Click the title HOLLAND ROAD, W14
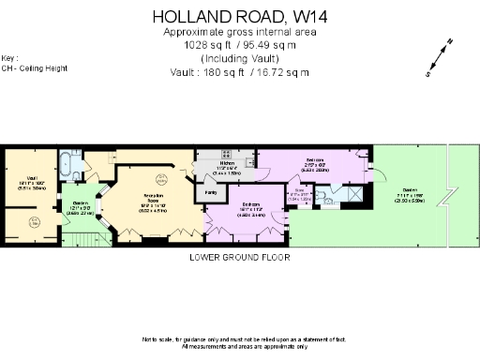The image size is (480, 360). coord(240,16)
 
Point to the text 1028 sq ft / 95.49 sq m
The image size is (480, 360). coord(240,44)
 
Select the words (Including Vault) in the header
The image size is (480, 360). coord(240,58)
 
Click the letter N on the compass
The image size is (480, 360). coord(451,42)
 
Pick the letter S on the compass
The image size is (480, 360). coord(429,73)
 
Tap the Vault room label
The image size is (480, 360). coord(31,178)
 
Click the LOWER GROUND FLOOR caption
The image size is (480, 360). coord(239,257)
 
